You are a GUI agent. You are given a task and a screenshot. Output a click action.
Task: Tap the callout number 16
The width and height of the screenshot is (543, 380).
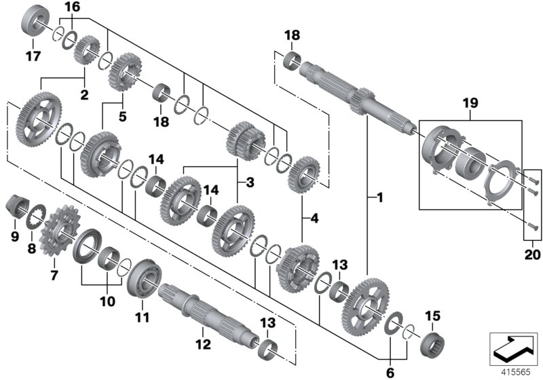tap(72, 7)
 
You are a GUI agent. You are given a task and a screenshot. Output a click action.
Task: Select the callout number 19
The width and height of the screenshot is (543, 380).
tap(470, 103)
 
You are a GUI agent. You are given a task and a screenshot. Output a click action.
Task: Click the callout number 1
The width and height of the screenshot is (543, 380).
tap(379, 198)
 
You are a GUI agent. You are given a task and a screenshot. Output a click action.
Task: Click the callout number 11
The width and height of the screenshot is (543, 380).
tap(143, 316)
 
